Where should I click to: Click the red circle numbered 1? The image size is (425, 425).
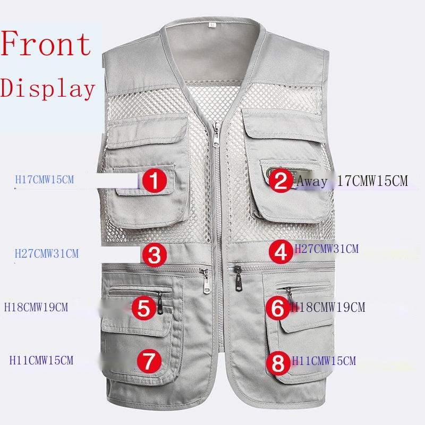coord(154,180)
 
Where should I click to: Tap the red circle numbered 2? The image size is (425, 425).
coord(281,180)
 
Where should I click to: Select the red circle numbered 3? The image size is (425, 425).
coord(155,254)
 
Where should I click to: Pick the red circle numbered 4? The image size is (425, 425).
coord(281,252)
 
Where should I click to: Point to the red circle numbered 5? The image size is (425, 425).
coord(144,308)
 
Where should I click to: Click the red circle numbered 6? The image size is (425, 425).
coord(278,308)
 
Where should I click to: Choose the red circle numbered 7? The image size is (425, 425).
coord(149,361)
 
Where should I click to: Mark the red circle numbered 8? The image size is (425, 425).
coord(278,363)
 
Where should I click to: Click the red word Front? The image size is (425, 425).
coord(46,44)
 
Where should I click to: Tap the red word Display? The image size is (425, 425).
coord(48,88)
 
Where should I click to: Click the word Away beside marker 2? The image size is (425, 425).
coord(312,181)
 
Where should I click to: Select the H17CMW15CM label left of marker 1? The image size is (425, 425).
coord(45,180)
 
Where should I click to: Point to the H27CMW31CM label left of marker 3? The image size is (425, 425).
coord(47,253)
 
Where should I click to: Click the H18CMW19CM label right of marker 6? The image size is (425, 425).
coord(328,307)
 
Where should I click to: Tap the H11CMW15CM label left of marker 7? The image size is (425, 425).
coord(41,360)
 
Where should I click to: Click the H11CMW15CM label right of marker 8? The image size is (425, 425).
coord(324,361)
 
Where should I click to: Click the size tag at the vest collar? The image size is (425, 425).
coord(212,25)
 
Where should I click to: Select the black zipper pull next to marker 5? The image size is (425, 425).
coord(160,303)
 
